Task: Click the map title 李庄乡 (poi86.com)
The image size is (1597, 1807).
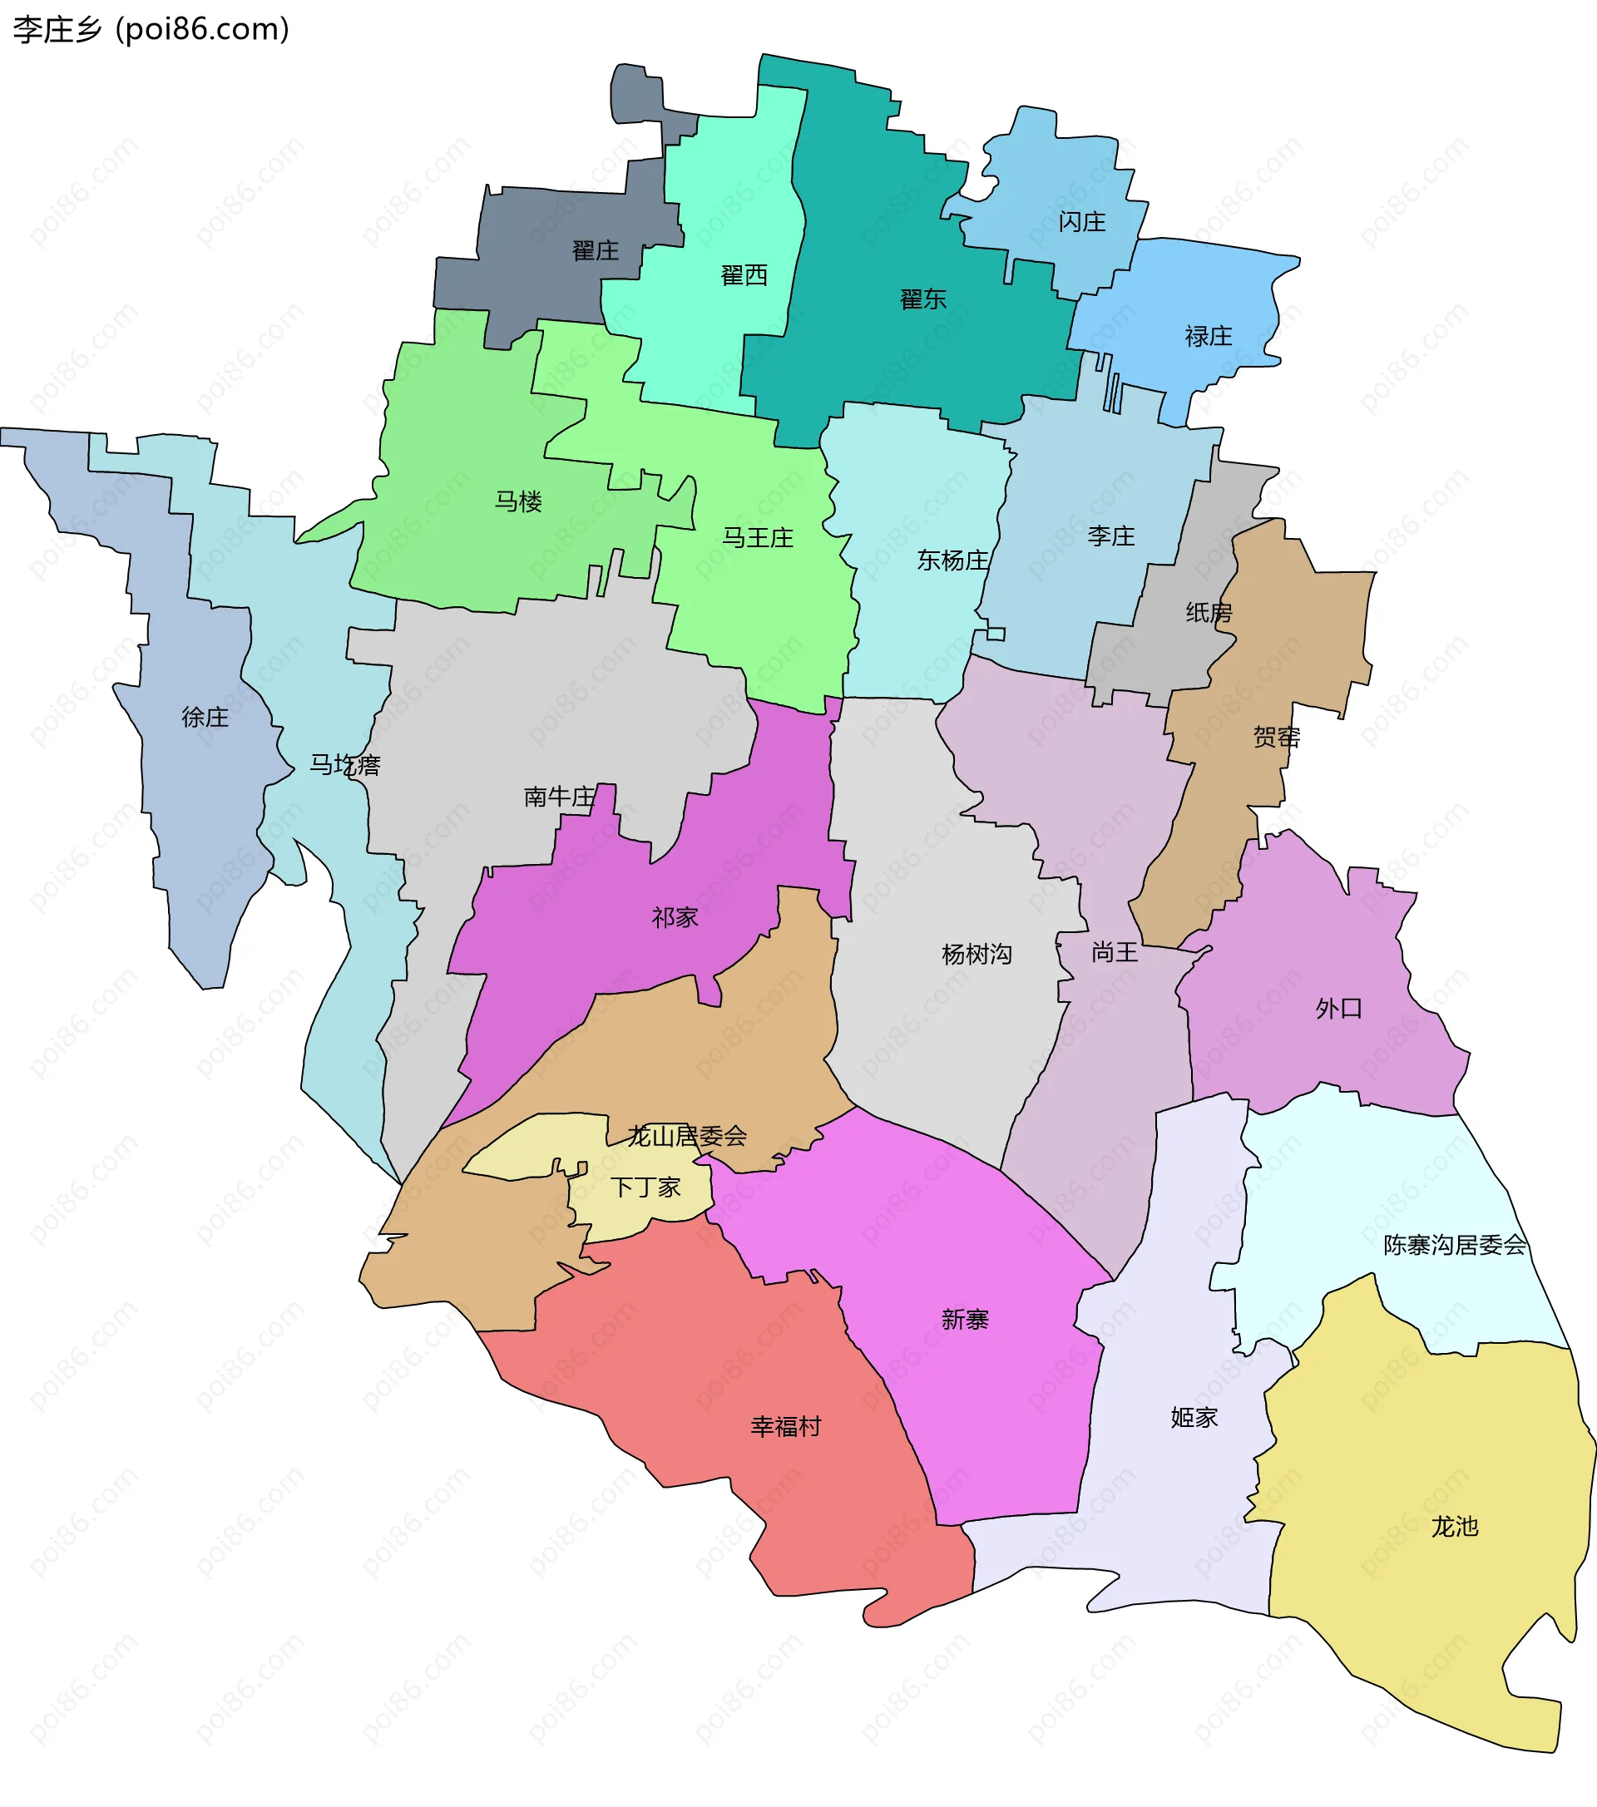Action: pos(151,29)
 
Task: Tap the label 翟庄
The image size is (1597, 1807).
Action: pos(595,251)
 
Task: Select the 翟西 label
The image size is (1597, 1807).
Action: pos(744,276)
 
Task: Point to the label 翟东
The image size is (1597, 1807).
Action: pos(923,299)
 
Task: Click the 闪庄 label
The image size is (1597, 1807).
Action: pos(1081,222)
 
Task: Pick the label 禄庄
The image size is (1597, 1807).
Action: pos(1208,337)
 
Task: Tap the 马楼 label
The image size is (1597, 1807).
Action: pos(518,502)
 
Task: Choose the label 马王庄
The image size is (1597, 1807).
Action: pos(758,537)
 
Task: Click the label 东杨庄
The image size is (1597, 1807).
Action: pos(952,560)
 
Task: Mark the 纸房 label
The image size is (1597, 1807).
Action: pos(1209,613)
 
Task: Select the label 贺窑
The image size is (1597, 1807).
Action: pos(1276,738)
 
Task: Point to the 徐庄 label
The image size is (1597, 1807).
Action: pos(205,717)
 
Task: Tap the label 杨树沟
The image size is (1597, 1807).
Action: pos(976,955)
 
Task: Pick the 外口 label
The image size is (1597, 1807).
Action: pos(1338,1009)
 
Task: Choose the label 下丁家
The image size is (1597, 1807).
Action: pos(645,1187)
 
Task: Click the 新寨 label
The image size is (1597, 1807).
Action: pos(965,1320)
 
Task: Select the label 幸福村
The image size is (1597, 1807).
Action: pos(785,1427)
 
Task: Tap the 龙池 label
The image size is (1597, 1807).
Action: pos(1455,1527)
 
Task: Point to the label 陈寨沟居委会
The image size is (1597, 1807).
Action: pos(1455,1246)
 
